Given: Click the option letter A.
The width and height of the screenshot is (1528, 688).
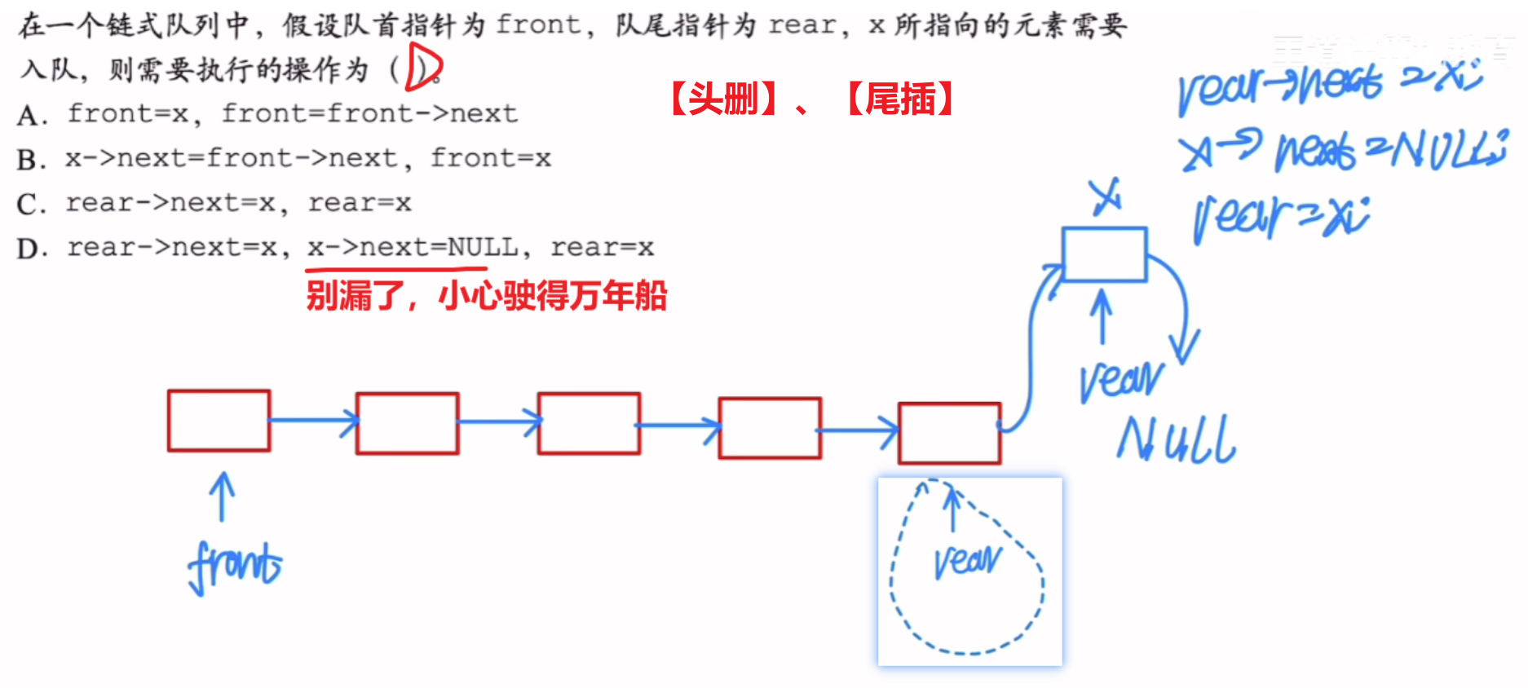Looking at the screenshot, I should (x=32, y=115).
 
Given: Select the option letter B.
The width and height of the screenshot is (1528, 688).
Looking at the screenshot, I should (x=32, y=159).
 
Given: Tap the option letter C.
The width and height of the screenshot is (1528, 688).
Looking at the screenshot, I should (x=32, y=204).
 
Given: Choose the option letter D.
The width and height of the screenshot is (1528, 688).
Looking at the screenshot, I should (x=32, y=248).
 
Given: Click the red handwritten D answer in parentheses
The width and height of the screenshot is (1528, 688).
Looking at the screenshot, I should (x=423, y=68).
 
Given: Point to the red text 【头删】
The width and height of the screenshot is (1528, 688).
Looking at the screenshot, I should (x=723, y=99).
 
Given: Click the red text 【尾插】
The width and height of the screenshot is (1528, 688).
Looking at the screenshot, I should (x=900, y=99).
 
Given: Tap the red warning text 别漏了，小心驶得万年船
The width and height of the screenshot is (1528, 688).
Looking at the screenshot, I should (x=487, y=296).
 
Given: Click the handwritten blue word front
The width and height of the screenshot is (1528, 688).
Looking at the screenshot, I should (x=235, y=565).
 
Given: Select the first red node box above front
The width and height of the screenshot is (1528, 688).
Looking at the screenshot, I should (x=219, y=421).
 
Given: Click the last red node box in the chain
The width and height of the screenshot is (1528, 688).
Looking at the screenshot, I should (x=949, y=433).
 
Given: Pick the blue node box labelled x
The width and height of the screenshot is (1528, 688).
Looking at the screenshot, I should (x=1104, y=254).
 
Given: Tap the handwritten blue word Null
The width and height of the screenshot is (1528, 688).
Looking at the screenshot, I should (x=1176, y=440).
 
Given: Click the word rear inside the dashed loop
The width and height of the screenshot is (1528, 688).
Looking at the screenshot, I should (x=967, y=561).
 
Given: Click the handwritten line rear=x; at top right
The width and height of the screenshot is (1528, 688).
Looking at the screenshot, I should (x=1280, y=218).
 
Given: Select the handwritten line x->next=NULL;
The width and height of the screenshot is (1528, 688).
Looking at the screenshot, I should (x=1342, y=150).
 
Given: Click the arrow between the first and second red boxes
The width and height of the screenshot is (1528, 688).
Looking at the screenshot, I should (x=314, y=421).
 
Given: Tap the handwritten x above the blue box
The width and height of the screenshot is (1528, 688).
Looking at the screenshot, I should (x=1106, y=196).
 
